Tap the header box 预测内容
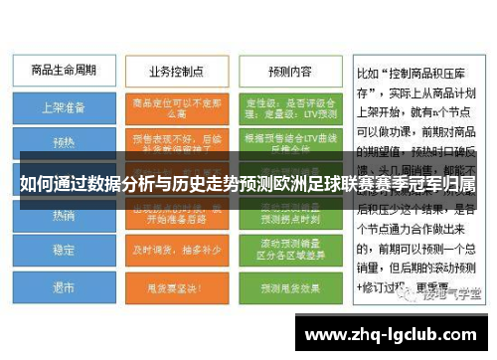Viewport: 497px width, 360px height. (290, 71)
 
